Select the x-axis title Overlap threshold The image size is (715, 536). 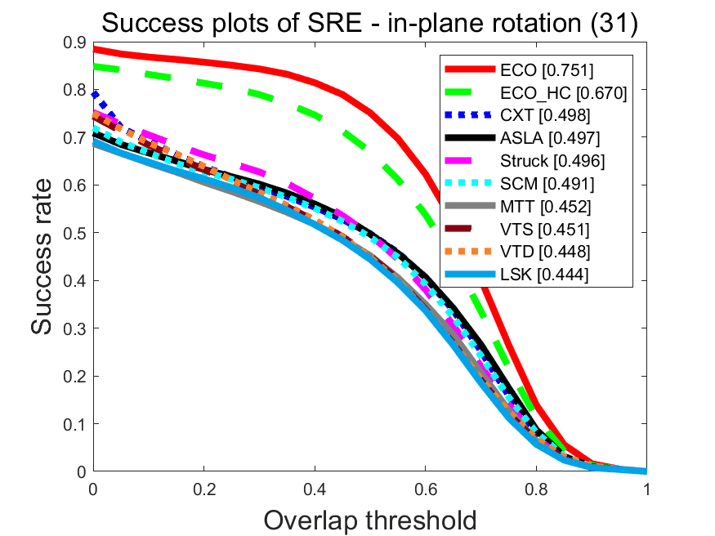[370, 518]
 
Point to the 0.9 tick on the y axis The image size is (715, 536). [74, 42]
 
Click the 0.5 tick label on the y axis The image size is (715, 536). [74, 233]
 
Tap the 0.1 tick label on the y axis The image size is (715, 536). [74, 424]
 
